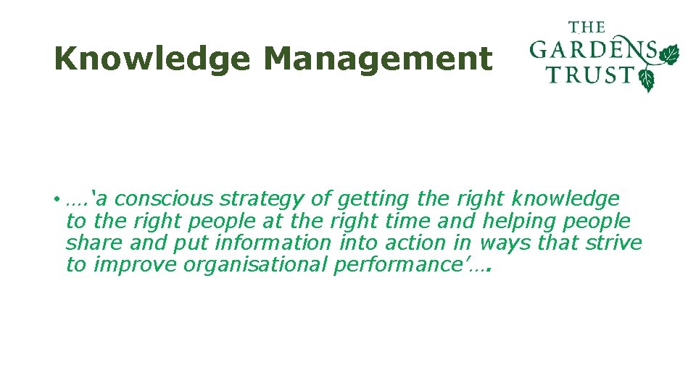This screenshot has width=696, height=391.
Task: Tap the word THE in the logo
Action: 587,28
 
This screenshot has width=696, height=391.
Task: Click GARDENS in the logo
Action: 593,51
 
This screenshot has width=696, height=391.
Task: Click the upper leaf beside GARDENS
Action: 668,54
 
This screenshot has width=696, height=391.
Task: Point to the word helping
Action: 524,222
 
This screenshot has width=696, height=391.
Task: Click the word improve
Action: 136,265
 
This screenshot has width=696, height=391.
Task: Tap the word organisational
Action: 255,265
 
